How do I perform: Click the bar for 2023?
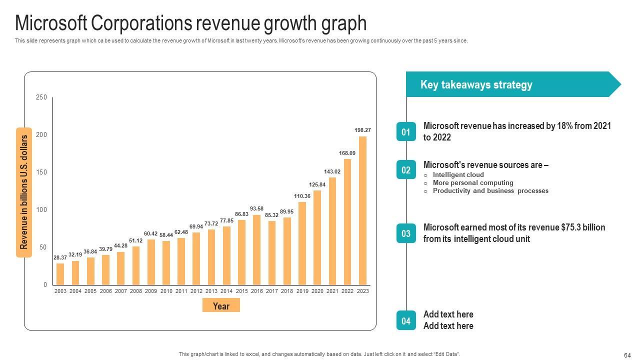[362, 210]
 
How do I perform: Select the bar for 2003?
[60, 274]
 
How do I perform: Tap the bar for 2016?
[256, 249]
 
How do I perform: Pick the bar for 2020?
[317, 237]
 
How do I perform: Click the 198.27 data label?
[362, 130]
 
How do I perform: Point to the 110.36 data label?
[302, 196]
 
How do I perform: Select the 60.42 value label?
[151, 233]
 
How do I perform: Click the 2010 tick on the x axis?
[166, 291]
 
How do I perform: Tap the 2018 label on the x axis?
[287, 291]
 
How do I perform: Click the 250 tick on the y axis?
[41, 97]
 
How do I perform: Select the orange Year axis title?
[221, 305]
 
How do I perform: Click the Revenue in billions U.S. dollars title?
[24, 192]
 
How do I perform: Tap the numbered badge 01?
[406, 132]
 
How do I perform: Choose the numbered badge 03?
[406, 233]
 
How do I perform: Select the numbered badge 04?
[406, 320]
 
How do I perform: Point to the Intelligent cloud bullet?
[458, 175]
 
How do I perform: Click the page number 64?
[627, 355]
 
